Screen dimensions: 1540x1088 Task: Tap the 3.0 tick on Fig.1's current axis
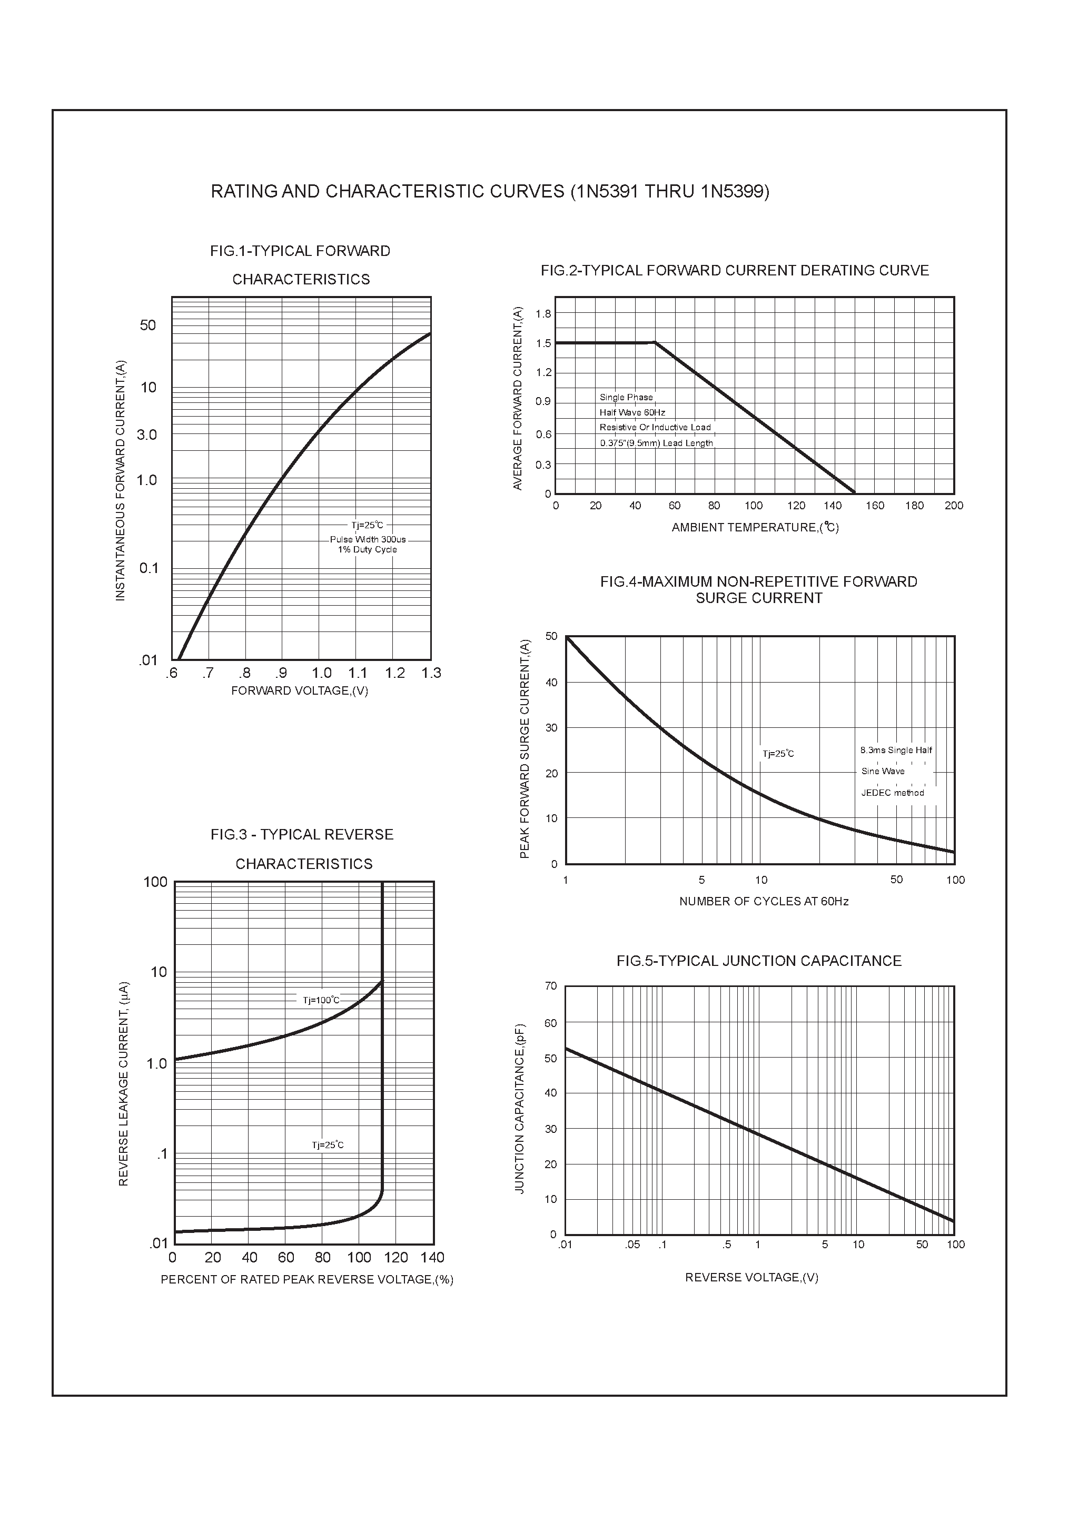tap(146, 435)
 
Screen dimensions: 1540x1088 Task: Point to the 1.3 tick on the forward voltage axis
tap(431, 673)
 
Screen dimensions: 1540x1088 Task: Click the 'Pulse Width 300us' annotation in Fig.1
tap(368, 539)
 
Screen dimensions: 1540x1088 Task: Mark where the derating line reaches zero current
tap(855, 493)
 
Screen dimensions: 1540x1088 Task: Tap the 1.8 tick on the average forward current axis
tap(543, 314)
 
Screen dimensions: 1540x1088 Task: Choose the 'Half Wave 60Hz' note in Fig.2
tap(632, 412)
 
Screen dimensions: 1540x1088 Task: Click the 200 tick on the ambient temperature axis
tap(953, 506)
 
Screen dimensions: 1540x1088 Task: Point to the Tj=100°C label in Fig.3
tap(321, 1000)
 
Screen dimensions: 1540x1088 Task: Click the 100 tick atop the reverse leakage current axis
tap(156, 882)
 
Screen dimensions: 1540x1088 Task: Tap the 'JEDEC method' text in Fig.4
tap(892, 793)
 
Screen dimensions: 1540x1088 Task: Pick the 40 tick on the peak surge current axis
tap(551, 682)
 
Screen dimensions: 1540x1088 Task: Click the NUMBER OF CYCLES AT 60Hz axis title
tap(764, 902)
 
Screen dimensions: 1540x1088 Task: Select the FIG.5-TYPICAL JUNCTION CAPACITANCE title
tap(759, 961)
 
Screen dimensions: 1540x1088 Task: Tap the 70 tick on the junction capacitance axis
tap(551, 986)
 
